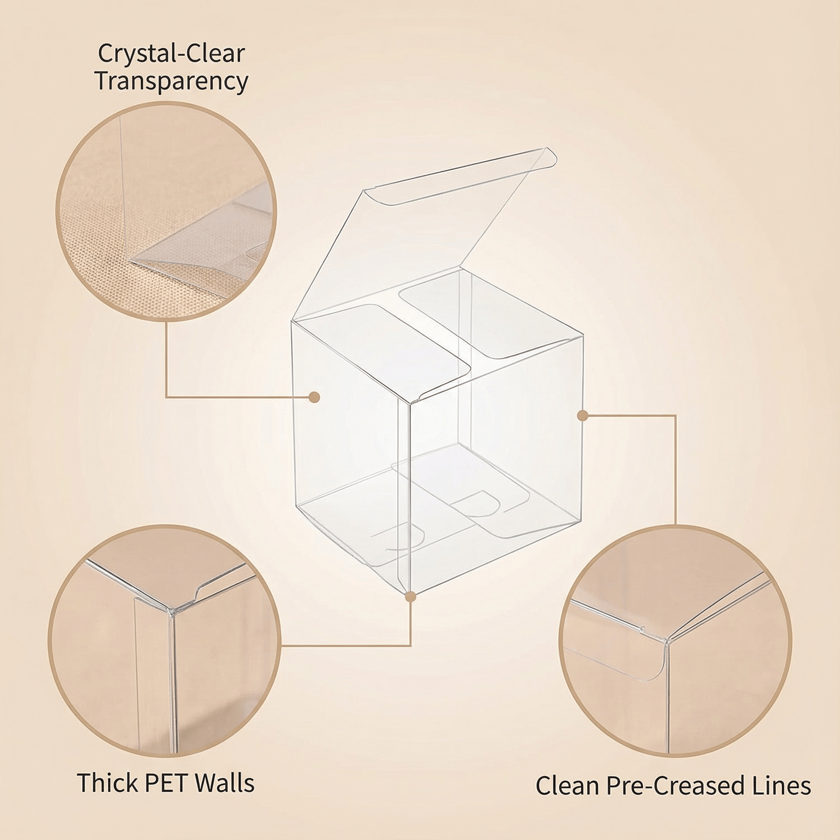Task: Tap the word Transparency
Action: pyautogui.click(x=171, y=82)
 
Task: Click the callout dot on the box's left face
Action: pyautogui.click(x=314, y=397)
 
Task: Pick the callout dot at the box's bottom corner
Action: pyautogui.click(x=411, y=597)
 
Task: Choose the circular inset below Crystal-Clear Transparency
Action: pyautogui.click(x=166, y=212)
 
